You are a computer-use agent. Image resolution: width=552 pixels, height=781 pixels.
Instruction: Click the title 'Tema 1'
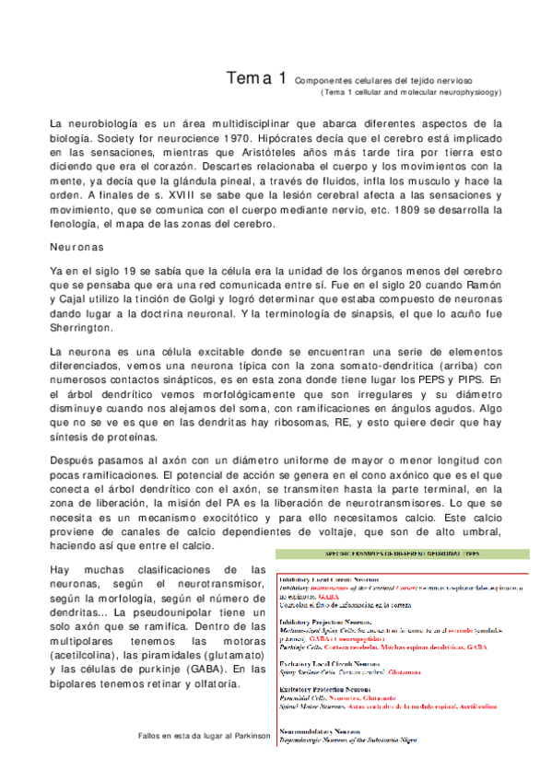point(255,79)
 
